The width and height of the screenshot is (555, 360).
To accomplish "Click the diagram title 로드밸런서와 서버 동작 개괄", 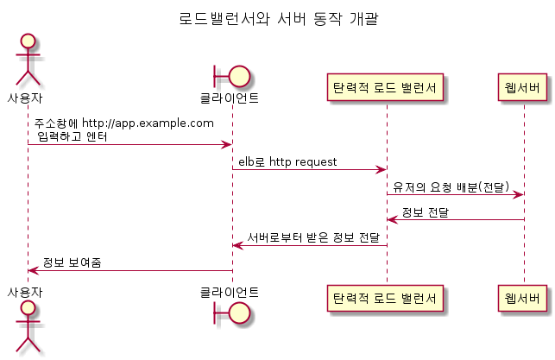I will tap(277, 18).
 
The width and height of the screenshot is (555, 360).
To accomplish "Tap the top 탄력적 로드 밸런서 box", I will tap(387, 86).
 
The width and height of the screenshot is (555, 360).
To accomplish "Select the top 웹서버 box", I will tap(524, 86).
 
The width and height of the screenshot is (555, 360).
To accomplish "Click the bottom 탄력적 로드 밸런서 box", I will tap(387, 299).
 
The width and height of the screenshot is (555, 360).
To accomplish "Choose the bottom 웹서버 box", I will tap(524, 299).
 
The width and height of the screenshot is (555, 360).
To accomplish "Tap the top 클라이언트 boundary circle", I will tap(238, 76).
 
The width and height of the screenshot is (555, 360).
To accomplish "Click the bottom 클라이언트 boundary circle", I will tap(238, 311).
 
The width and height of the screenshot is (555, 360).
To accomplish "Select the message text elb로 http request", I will tap(287, 161).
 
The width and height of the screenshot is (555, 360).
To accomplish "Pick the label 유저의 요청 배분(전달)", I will tap(449, 186).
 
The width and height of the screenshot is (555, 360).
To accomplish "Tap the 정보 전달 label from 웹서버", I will tap(426, 212).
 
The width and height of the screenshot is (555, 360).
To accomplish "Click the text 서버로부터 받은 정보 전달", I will tap(313, 237).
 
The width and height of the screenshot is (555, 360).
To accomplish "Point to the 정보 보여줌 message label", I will tap(72, 262).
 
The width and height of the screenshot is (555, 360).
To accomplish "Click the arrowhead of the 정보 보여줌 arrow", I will tap(33, 270).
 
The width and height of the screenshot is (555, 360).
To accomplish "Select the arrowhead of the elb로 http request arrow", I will tap(381, 169).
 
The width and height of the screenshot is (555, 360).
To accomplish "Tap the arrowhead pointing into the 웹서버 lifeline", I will tap(518, 194).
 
